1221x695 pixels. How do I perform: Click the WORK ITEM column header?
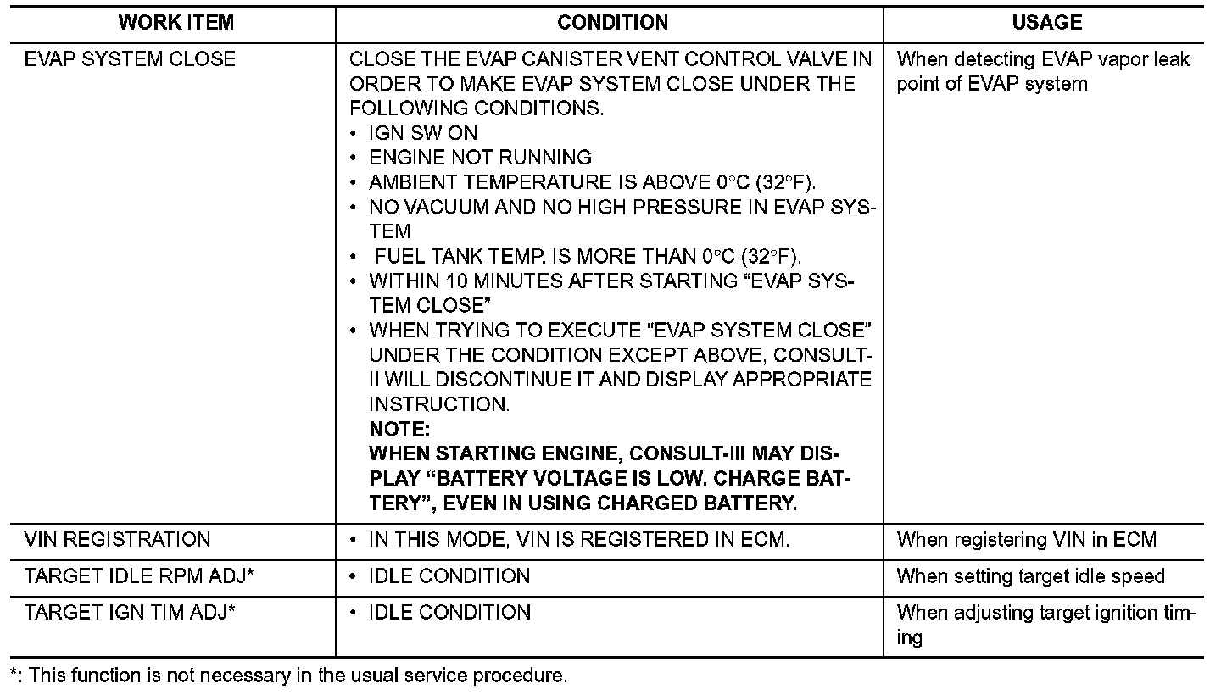pos(176,23)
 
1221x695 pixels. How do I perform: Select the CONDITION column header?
pos(612,23)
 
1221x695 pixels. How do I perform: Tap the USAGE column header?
pos(1046,23)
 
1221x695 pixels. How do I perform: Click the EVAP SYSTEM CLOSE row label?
pos(131,59)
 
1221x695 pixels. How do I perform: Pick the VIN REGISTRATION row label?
pos(117,540)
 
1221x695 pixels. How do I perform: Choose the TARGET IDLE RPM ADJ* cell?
pos(140,576)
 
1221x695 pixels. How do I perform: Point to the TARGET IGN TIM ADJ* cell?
pos(130,613)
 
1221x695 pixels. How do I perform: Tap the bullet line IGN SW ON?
pos(423,133)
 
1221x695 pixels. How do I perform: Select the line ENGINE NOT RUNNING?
pos(480,158)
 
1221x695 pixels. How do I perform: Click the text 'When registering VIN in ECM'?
pos(1026,540)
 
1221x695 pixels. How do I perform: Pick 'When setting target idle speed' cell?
pos(1030,576)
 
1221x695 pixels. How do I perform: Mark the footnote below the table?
pos(288,676)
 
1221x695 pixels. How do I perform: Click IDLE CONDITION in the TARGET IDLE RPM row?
pos(449,576)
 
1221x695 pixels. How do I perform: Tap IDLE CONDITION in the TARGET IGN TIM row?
pos(449,613)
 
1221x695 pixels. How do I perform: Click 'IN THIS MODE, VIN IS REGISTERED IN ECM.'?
pos(578,540)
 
